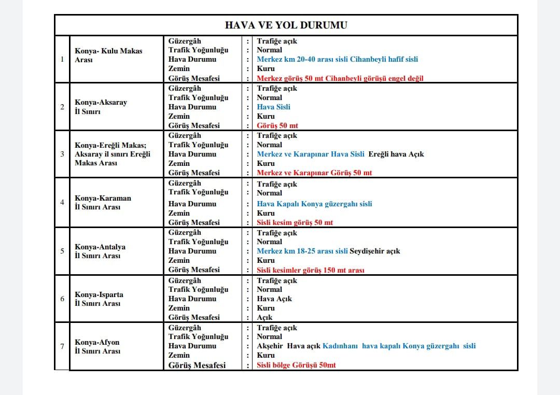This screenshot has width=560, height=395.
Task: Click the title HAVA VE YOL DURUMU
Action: tap(286, 25)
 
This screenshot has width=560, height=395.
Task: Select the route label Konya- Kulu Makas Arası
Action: tap(108, 55)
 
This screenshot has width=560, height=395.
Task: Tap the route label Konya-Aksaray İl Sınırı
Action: tap(101, 107)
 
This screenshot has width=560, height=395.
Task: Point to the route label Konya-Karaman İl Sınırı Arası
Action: tap(103, 202)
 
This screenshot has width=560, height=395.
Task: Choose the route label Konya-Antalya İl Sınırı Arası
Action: tap(100, 251)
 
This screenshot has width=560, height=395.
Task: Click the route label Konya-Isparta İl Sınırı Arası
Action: tap(99, 299)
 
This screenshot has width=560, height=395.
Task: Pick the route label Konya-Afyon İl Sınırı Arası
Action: tap(97, 346)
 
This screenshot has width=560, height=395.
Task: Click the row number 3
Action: tap(62, 154)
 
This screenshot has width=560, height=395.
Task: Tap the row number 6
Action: tap(62, 299)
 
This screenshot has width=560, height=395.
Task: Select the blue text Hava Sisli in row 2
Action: tap(274, 107)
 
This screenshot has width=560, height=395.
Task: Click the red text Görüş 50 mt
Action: tap(277, 125)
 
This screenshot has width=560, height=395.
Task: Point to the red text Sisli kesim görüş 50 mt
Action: tap(295, 222)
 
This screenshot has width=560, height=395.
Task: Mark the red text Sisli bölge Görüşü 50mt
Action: tap(296, 365)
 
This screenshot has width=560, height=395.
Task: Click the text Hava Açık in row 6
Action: tap(274, 299)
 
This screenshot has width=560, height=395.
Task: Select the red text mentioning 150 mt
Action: tap(311, 270)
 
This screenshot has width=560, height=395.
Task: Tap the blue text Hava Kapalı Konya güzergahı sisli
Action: tap(314, 204)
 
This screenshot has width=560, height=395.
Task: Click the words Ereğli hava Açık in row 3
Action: tap(396, 154)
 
